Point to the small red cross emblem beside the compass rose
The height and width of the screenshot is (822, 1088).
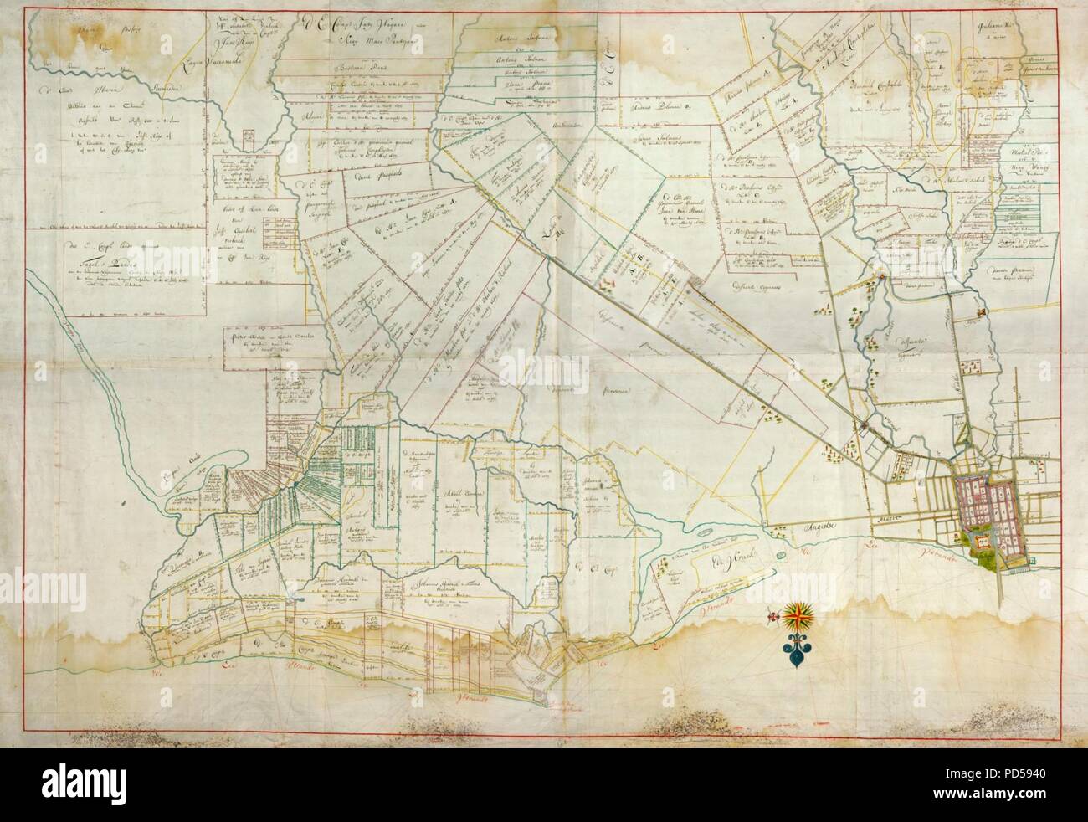point(772,616)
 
